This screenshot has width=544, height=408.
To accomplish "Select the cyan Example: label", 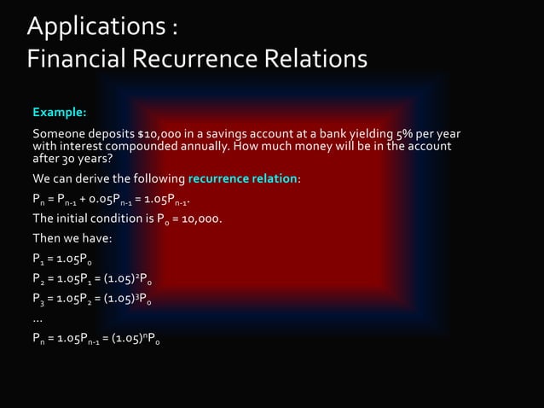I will tap(59, 112).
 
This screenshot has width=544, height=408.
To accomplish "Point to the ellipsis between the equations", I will tap(38, 317).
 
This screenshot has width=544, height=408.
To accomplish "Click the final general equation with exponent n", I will tap(95, 338).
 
